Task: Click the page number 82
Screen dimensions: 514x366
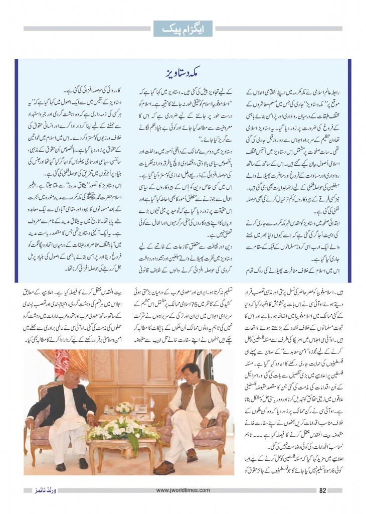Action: [323, 490]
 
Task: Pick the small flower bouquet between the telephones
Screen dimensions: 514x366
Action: [124, 407]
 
